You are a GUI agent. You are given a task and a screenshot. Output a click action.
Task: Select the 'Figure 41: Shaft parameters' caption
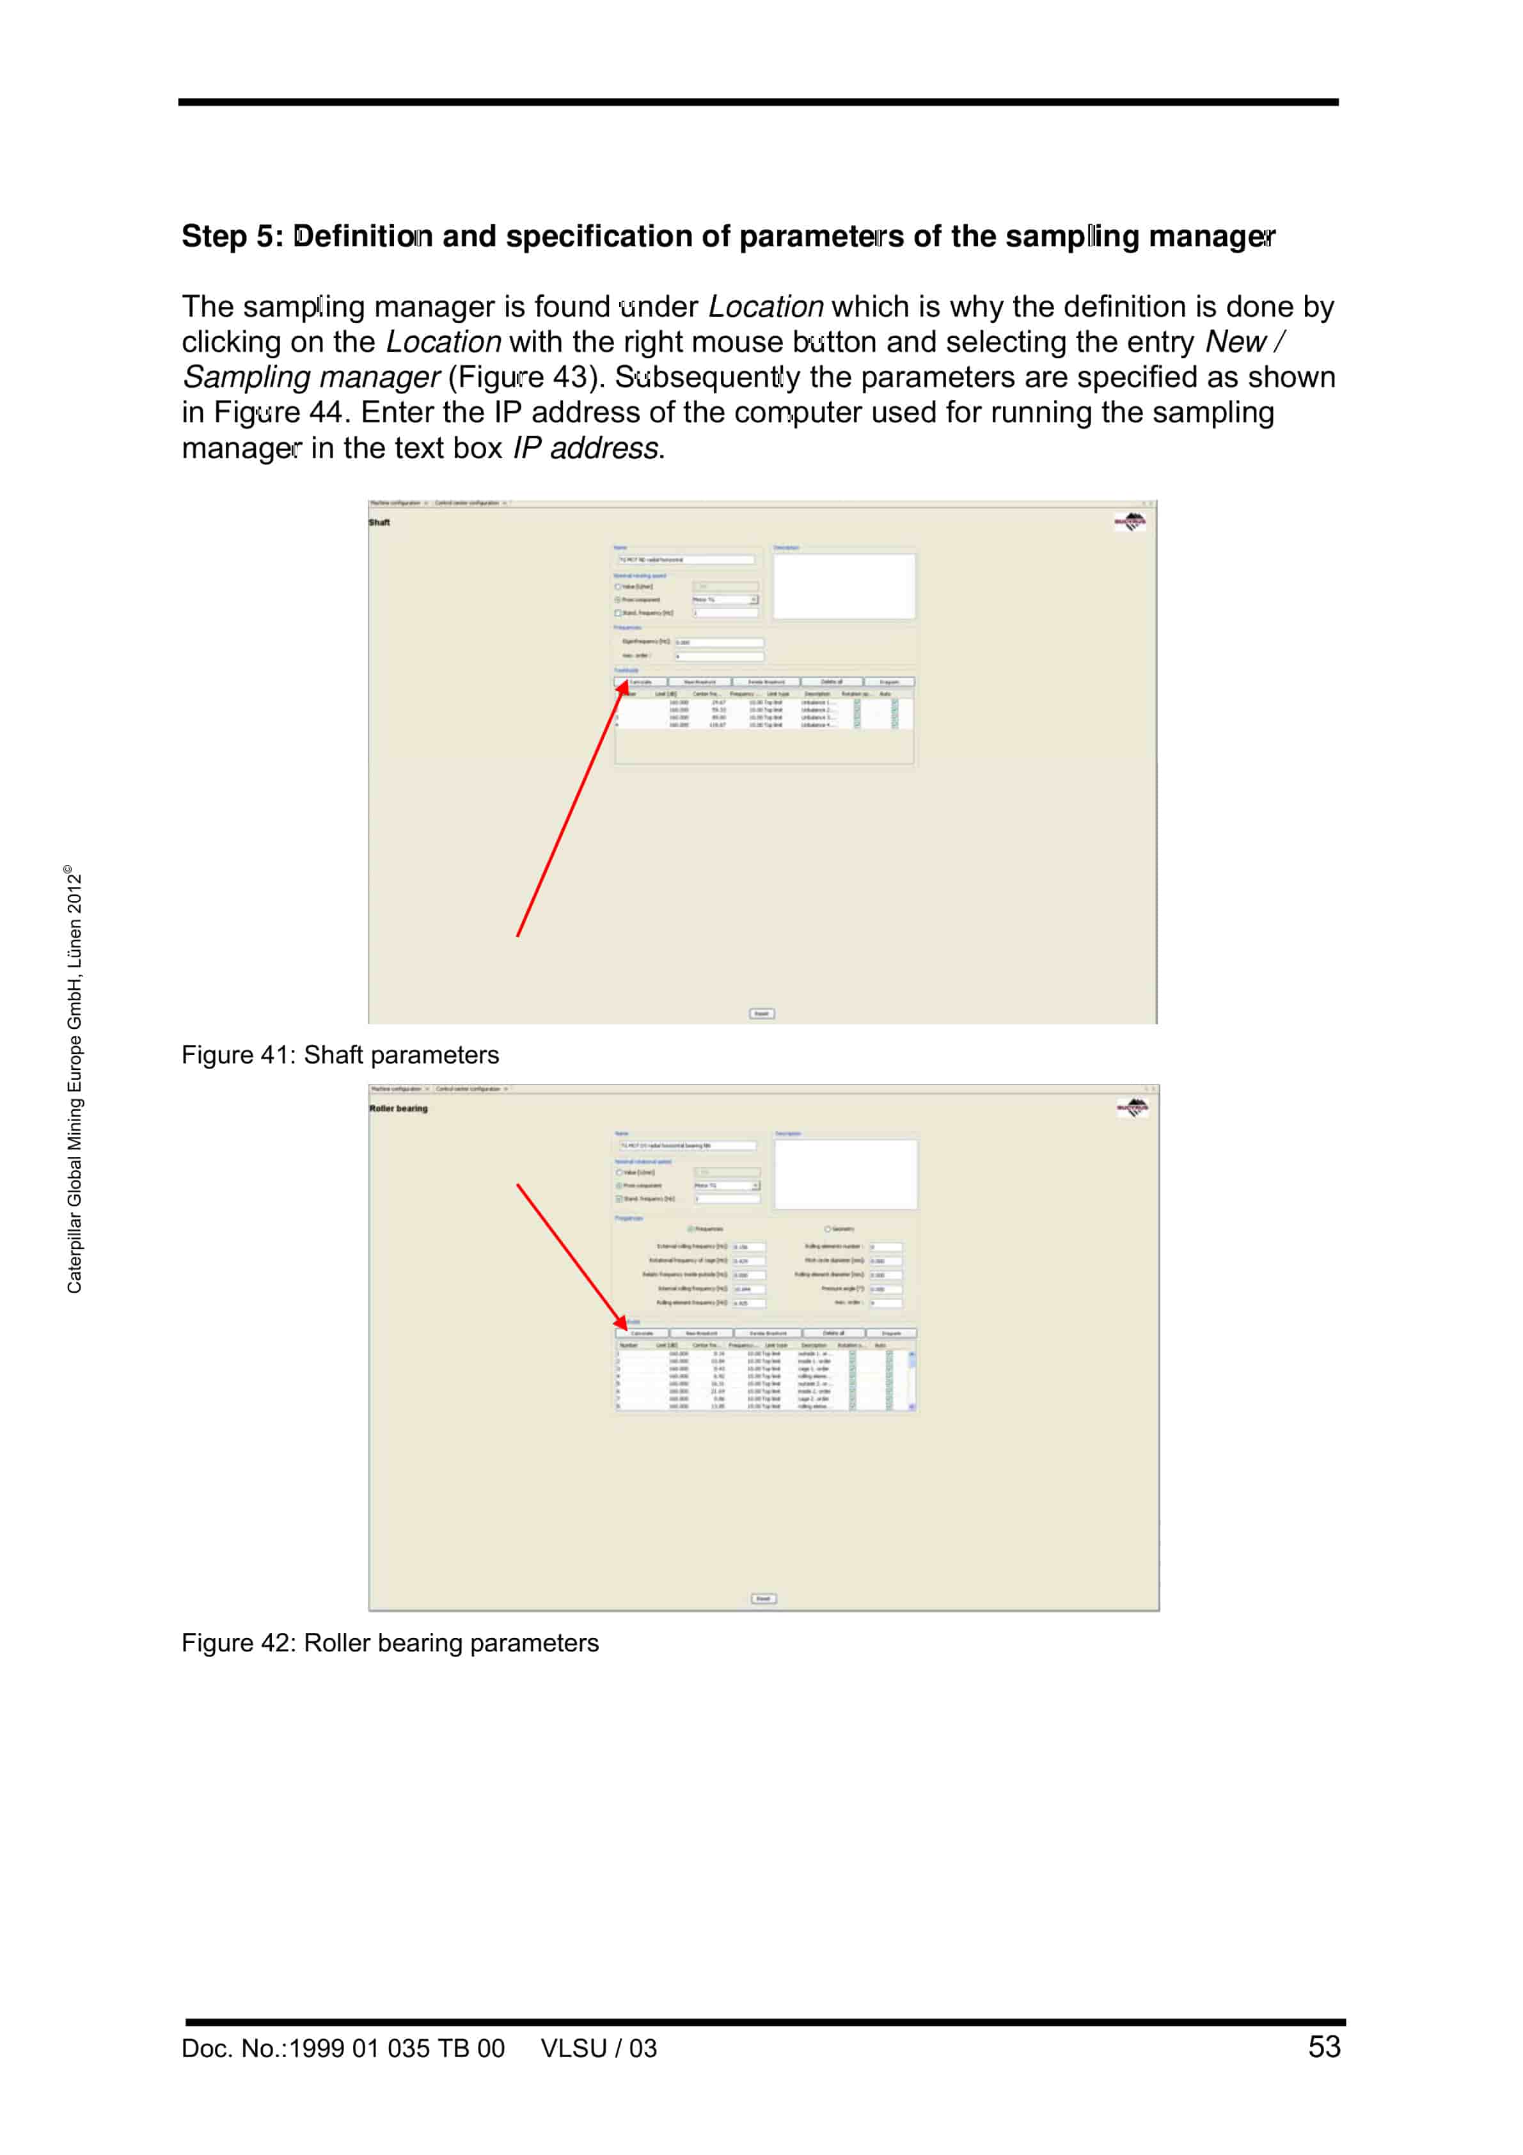340,1055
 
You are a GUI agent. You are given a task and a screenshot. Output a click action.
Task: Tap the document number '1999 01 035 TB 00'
396,2048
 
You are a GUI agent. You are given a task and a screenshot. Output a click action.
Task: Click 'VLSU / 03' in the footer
598,2048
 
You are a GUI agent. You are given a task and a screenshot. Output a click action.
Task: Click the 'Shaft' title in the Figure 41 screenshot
379,523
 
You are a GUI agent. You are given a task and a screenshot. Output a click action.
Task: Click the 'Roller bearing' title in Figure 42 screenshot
398,1108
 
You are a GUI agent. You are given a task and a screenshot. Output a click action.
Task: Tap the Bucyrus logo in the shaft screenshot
1130,522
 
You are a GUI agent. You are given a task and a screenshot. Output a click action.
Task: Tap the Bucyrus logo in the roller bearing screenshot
1133,1108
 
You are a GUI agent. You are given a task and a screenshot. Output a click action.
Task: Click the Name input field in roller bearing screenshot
687,1146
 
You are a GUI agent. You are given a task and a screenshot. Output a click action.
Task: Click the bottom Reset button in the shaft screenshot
761,1014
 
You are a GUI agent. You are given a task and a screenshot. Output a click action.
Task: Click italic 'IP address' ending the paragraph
585,449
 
